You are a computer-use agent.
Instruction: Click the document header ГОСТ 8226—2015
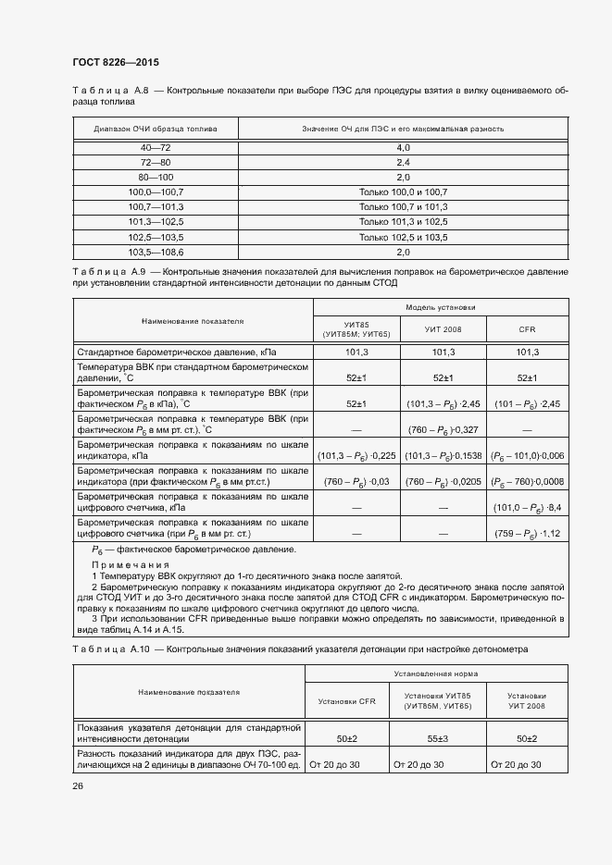(x=115, y=63)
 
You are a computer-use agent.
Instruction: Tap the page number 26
(x=78, y=785)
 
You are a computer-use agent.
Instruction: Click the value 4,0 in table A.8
(x=403, y=148)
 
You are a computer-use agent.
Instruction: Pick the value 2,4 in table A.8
(x=403, y=163)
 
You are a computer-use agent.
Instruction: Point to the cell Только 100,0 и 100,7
(x=403, y=192)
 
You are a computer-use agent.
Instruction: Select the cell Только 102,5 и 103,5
(x=403, y=237)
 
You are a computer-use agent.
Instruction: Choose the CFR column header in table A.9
(x=528, y=329)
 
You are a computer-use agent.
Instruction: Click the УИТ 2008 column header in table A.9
(x=443, y=329)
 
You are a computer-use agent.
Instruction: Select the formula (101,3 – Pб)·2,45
(x=443, y=404)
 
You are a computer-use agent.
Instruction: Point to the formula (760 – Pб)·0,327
(x=443, y=429)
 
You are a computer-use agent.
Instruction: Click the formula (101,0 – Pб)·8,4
(x=528, y=508)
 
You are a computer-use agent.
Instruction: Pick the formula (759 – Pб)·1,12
(x=528, y=534)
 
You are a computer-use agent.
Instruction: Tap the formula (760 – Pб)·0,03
(x=356, y=482)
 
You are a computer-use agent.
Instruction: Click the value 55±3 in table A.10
(x=431, y=739)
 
